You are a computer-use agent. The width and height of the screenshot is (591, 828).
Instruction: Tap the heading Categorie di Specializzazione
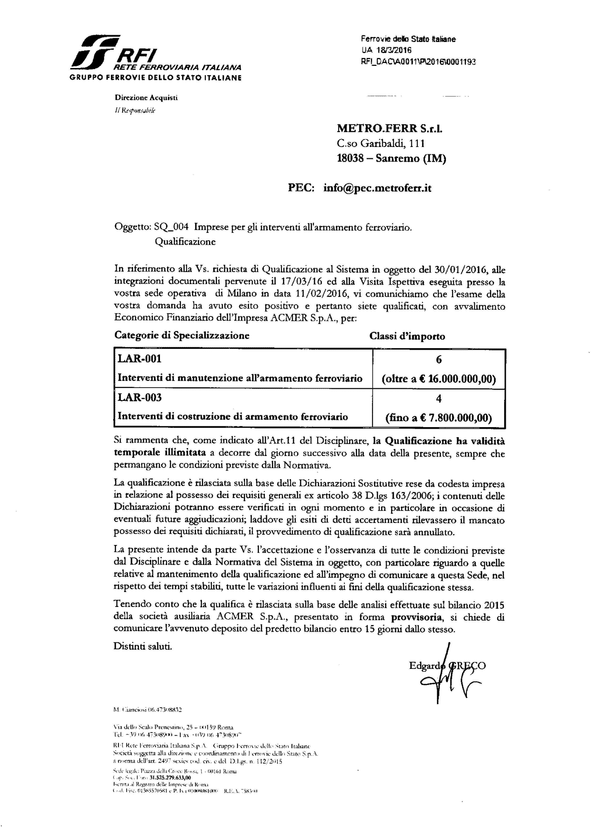coord(182,335)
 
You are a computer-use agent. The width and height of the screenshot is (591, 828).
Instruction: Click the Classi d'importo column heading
coord(407,336)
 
